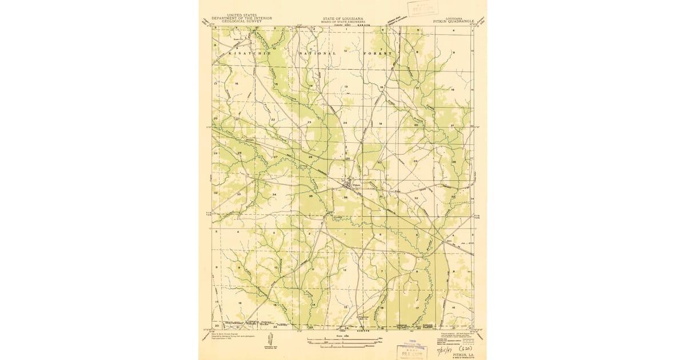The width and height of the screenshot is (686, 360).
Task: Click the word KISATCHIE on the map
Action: point(248,53)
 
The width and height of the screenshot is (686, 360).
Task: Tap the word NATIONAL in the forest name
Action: point(318,53)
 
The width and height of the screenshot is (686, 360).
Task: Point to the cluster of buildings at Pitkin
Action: point(348,184)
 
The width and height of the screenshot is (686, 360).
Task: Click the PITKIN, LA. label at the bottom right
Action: point(463,354)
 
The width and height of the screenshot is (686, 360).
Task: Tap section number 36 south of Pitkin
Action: point(345,198)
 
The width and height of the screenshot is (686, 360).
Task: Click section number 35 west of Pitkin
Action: point(310,196)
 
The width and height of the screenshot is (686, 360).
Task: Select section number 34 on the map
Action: point(274,195)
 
